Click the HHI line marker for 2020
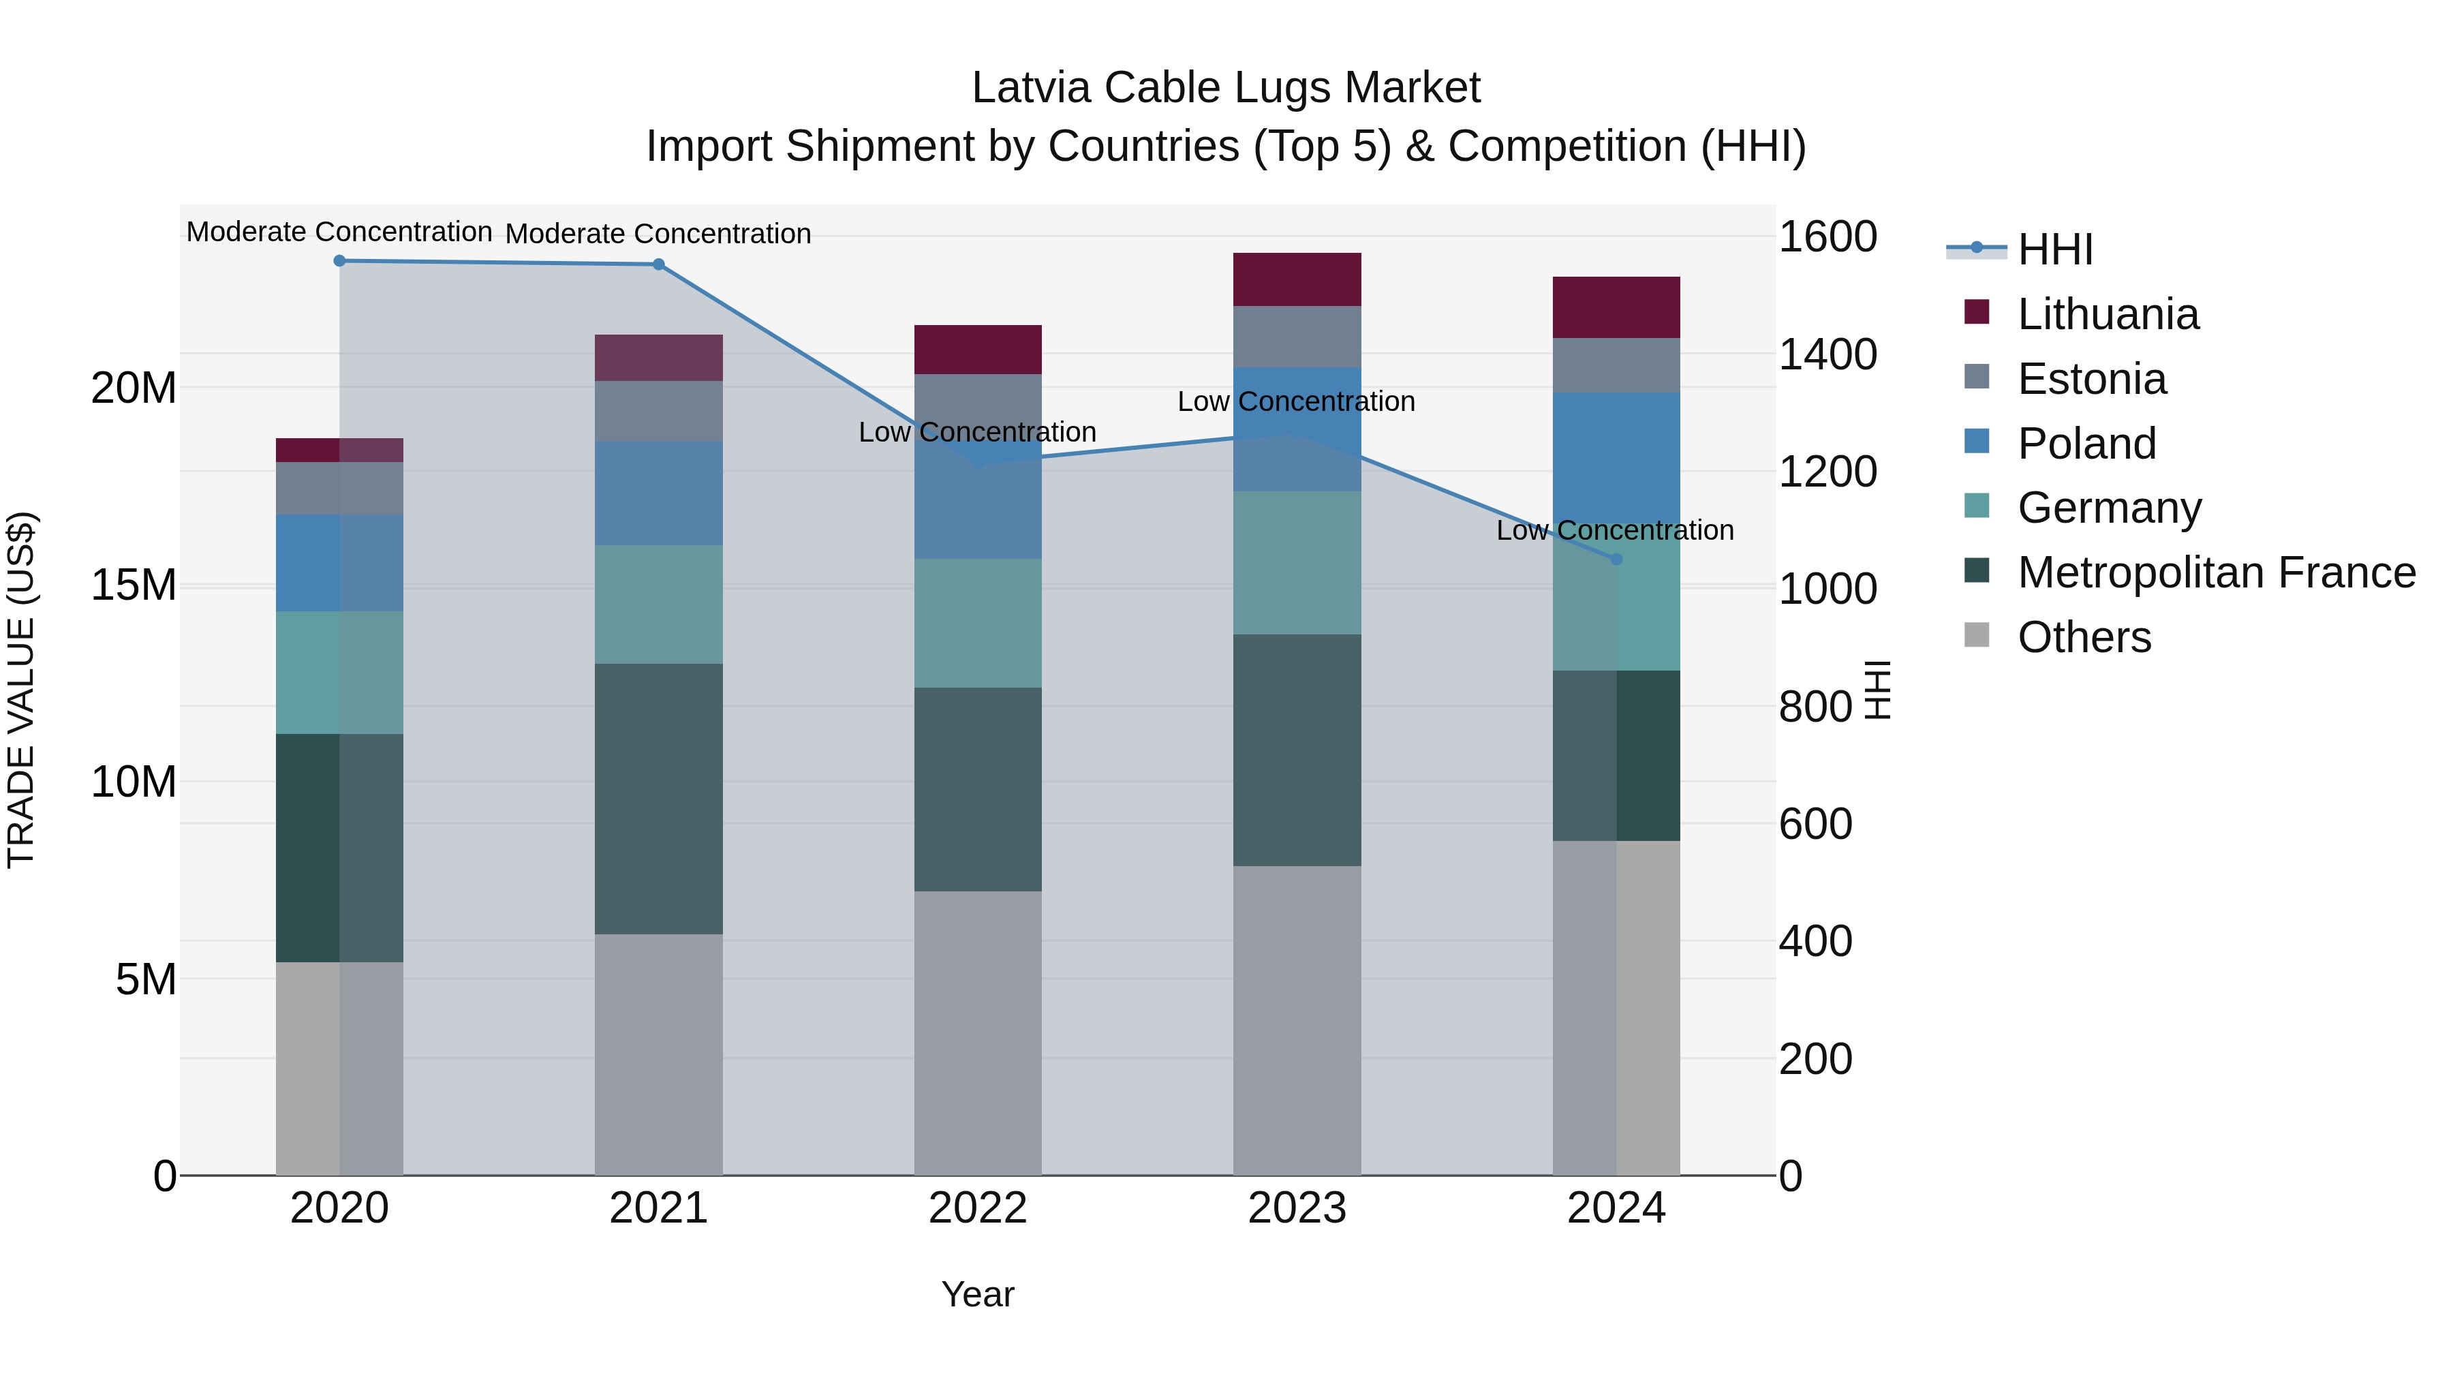[339, 261]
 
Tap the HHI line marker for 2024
[1616, 559]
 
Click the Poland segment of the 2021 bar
[658, 493]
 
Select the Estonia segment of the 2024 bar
[1616, 365]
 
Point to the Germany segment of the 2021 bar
[658, 604]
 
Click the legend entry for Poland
[2086, 444]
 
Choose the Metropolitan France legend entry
[2215, 572]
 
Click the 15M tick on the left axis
[134, 585]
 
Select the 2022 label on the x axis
[978, 1208]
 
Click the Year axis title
[978, 1294]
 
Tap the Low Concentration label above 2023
[1296, 402]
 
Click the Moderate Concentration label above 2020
[339, 232]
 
